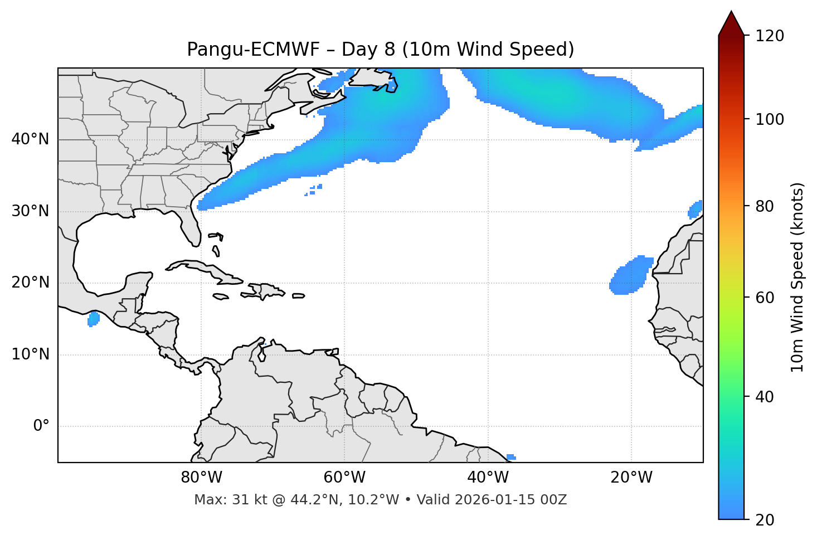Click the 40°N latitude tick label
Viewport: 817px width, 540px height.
click(30, 139)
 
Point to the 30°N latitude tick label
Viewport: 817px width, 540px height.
click(30, 211)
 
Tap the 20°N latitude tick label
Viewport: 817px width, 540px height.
click(30, 283)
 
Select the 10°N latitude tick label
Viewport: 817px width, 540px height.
click(30, 354)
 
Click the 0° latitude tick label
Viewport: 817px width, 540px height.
click(41, 426)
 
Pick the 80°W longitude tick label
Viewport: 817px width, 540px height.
click(201, 478)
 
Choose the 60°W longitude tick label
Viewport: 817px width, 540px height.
click(344, 478)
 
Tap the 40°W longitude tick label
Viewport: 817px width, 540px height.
click(488, 478)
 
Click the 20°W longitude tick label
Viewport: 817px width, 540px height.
click(631, 478)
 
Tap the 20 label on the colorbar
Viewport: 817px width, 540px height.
click(764, 520)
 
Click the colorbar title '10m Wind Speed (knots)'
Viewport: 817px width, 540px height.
click(797, 277)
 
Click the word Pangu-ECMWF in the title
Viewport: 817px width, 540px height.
click(253, 50)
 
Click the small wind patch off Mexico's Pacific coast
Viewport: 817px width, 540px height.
click(94, 319)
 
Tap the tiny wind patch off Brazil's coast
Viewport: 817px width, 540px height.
click(511, 457)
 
